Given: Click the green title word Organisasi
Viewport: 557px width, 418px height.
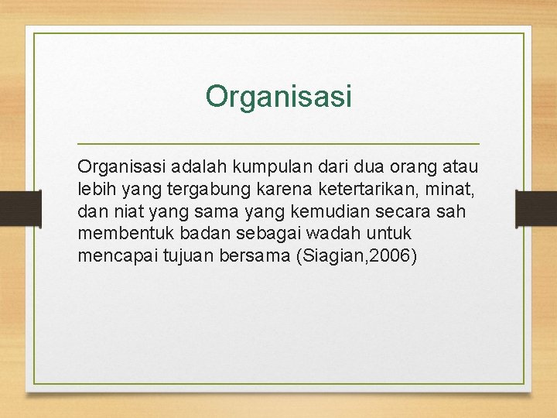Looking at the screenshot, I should [x=278, y=97].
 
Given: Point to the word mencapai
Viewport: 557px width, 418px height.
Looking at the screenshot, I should [x=115, y=256].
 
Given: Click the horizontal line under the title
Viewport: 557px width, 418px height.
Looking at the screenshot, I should [x=278, y=144].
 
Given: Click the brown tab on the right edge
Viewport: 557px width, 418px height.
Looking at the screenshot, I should [x=536, y=209].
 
